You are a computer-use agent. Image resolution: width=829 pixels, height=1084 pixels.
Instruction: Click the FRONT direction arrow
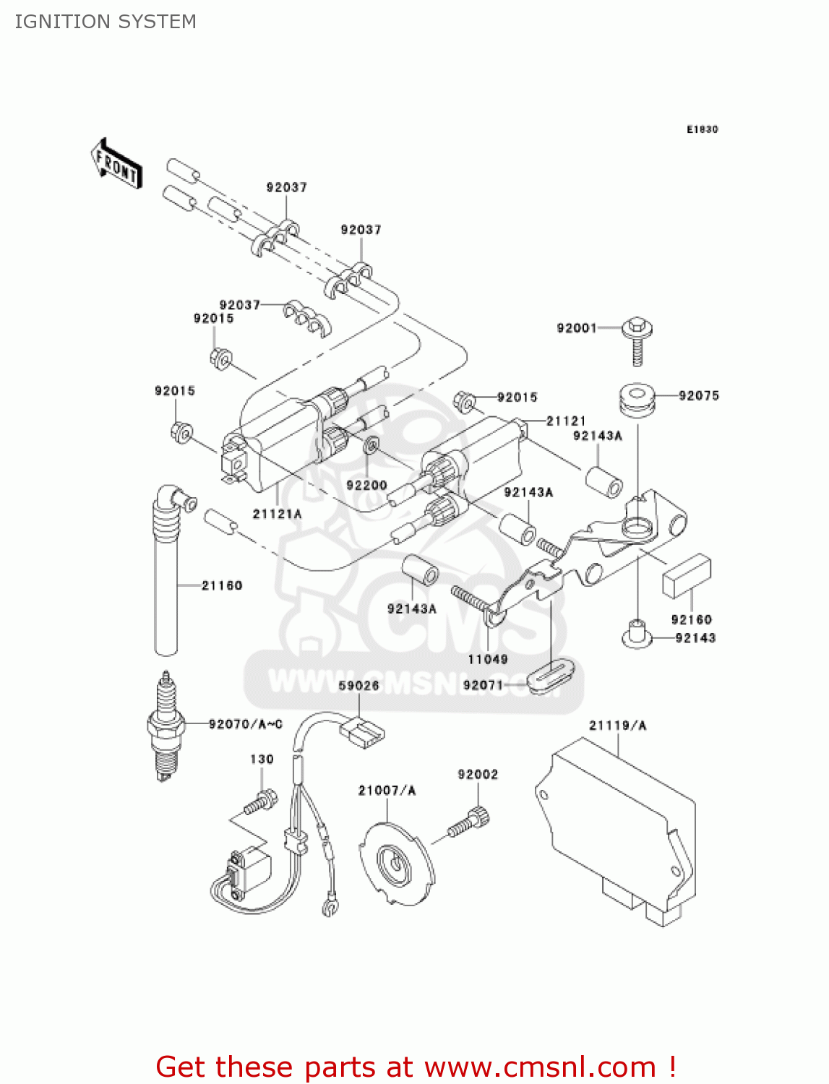(x=116, y=164)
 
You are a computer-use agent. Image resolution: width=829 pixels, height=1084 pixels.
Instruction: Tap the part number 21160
(x=221, y=585)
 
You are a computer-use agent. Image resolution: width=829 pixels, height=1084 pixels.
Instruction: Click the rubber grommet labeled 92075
(x=637, y=400)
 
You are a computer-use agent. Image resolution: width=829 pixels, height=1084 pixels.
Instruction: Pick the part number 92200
(x=366, y=485)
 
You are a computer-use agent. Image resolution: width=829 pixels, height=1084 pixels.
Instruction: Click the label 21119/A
(x=617, y=725)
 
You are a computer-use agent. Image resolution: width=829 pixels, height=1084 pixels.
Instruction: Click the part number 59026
(x=358, y=685)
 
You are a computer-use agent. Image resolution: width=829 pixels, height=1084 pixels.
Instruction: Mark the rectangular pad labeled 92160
(x=687, y=576)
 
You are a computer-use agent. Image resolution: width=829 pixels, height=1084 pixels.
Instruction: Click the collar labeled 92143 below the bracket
(x=636, y=634)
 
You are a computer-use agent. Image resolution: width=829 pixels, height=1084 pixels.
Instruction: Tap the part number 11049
(x=488, y=659)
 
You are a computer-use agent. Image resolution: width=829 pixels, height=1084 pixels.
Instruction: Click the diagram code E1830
(x=702, y=129)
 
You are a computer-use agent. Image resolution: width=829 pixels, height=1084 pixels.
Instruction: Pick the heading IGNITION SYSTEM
(x=106, y=22)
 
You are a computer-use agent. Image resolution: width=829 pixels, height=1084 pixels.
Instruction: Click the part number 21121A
(x=277, y=514)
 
